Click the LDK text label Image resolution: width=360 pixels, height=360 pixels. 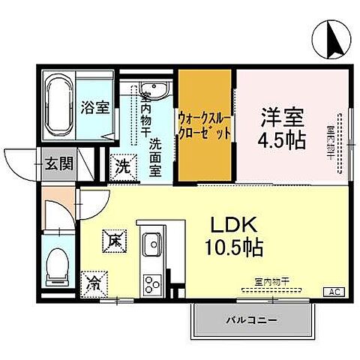[x=229, y=223]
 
